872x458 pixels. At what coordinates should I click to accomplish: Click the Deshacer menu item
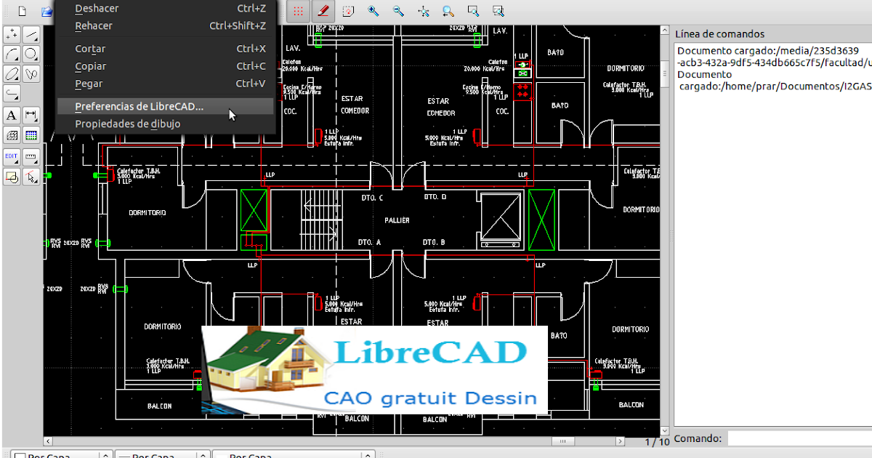pos(97,9)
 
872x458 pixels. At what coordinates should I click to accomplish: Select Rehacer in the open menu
pos(94,26)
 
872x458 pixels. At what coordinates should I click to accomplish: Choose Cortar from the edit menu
pos(91,49)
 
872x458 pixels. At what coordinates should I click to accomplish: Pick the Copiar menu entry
pos(91,66)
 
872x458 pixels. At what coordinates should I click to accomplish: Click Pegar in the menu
pos(89,84)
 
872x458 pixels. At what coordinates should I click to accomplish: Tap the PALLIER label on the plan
pos(397,220)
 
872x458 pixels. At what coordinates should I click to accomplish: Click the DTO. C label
pos(372,198)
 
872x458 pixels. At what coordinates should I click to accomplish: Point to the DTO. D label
pos(435,197)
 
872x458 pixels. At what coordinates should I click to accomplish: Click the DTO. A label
pos(369,242)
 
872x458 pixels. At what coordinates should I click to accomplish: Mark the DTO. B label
pos(434,242)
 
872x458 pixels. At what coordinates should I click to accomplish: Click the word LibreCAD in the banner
pos(431,353)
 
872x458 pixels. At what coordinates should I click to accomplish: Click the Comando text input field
pos(799,438)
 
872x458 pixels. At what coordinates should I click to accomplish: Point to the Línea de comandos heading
pos(719,34)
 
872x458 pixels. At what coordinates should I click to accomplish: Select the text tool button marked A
pos(12,115)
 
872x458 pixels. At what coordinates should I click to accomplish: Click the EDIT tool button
pos(12,156)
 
